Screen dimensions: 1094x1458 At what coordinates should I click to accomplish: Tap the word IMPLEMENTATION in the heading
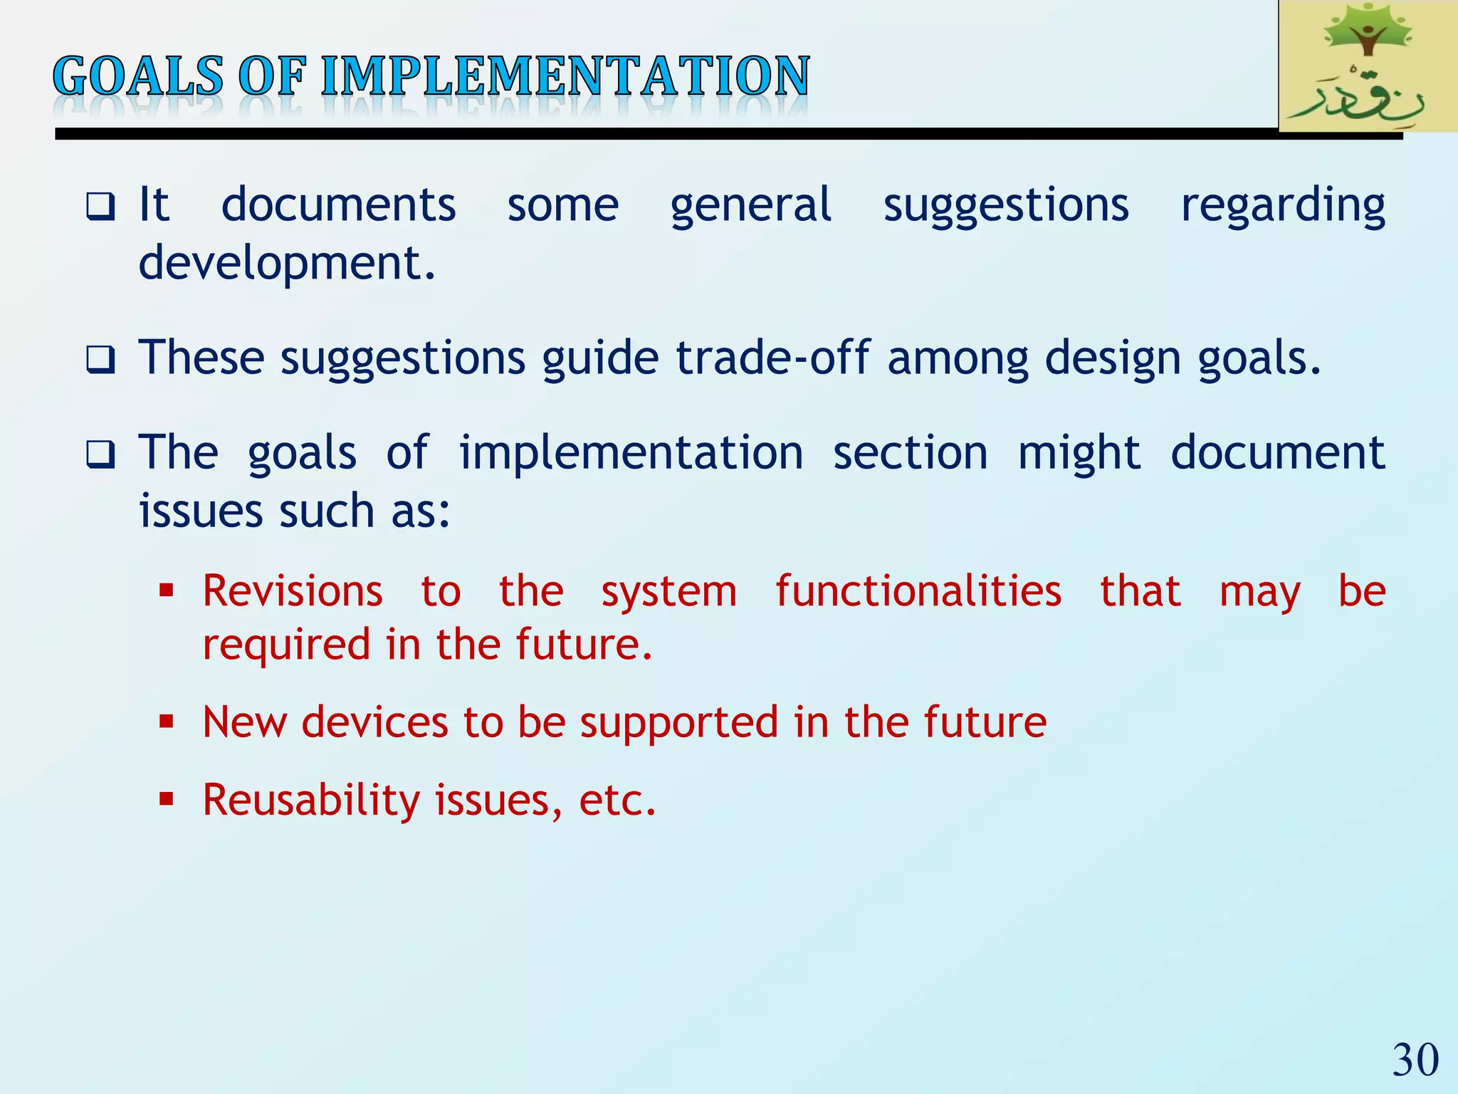565,76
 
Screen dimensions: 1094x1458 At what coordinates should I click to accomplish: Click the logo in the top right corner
1367,66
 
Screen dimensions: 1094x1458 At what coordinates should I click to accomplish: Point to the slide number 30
1415,1060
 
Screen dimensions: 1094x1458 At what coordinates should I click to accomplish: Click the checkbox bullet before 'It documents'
100,207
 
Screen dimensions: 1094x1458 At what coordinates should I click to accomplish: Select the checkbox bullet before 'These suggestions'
100,360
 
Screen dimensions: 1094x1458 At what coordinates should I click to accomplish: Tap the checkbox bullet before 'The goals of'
100,454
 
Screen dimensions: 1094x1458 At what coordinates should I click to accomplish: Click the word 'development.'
287,264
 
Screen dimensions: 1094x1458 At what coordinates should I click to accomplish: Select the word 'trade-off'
772,358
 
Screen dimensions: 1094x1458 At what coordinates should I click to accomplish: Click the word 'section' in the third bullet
911,453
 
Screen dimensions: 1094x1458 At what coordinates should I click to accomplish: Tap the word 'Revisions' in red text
293,591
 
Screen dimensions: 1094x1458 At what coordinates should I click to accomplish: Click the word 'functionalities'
918,591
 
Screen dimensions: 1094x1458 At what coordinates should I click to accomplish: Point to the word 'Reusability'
311,801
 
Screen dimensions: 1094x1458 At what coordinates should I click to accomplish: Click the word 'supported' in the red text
679,722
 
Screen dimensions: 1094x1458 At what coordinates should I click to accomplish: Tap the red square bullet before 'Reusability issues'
167,800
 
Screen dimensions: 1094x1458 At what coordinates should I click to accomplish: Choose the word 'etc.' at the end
617,801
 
